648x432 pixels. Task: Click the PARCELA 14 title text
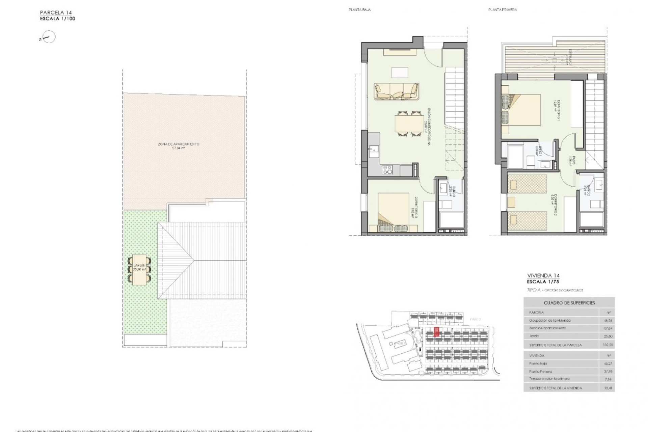point(56,13)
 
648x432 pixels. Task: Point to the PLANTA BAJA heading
point(359,10)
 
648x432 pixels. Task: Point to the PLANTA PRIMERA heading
point(502,10)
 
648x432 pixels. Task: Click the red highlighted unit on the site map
point(436,332)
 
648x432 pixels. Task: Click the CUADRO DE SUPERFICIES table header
point(569,303)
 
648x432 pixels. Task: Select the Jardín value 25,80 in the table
point(607,336)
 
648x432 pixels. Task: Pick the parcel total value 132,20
point(607,345)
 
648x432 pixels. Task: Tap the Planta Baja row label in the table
point(538,363)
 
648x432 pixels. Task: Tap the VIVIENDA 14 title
point(543,276)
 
